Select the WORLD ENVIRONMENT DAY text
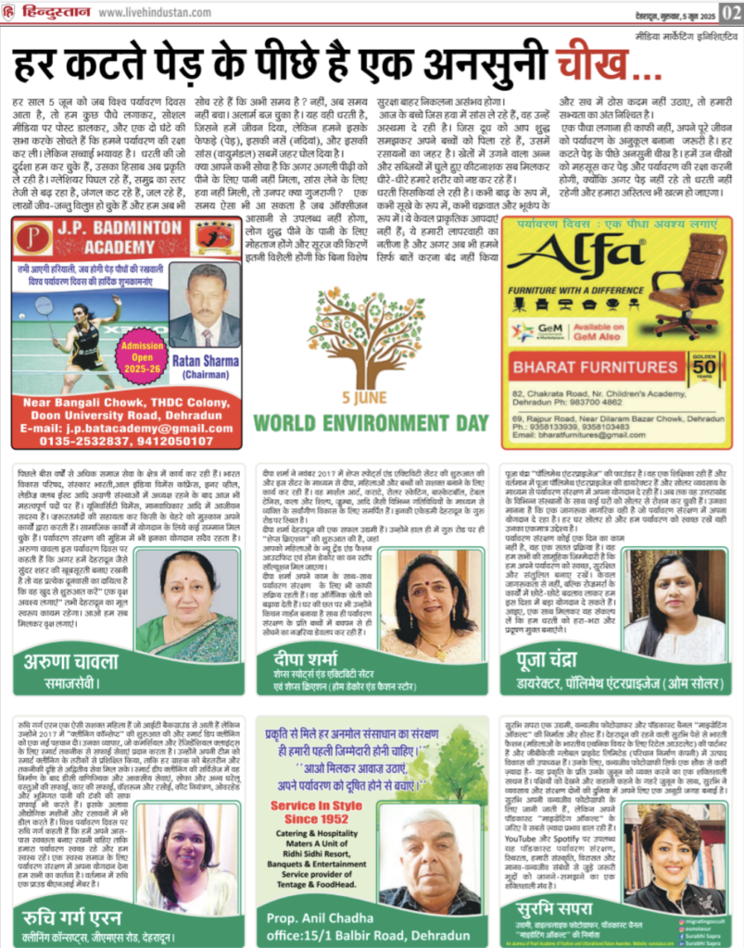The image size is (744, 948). (371, 423)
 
